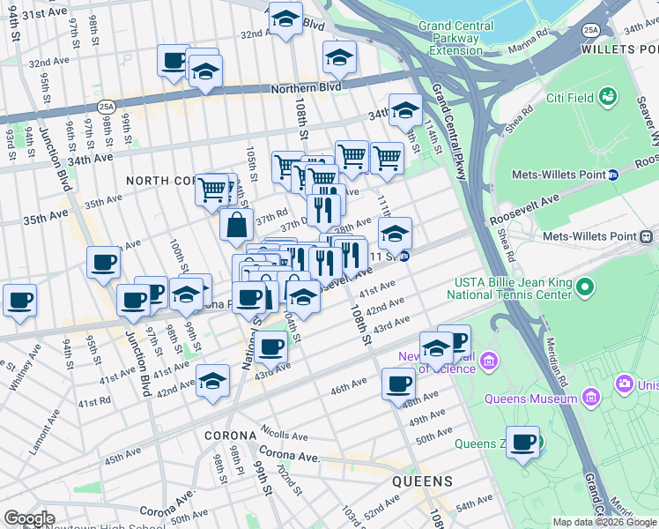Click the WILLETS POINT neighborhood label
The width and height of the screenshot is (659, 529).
tap(619, 49)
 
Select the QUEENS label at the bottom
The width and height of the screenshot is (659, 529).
tap(422, 481)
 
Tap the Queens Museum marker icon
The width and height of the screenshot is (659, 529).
tap(625, 384)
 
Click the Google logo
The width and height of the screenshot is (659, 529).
tap(30, 518)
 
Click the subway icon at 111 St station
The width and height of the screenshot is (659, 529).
tap(404, 257)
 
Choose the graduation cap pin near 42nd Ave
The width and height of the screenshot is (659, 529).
tap(212, 381)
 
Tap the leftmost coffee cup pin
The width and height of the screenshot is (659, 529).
tap(19, 300)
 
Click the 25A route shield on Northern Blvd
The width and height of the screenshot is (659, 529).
tap(107, 106)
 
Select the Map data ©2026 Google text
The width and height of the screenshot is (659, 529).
tap(603, 522)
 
